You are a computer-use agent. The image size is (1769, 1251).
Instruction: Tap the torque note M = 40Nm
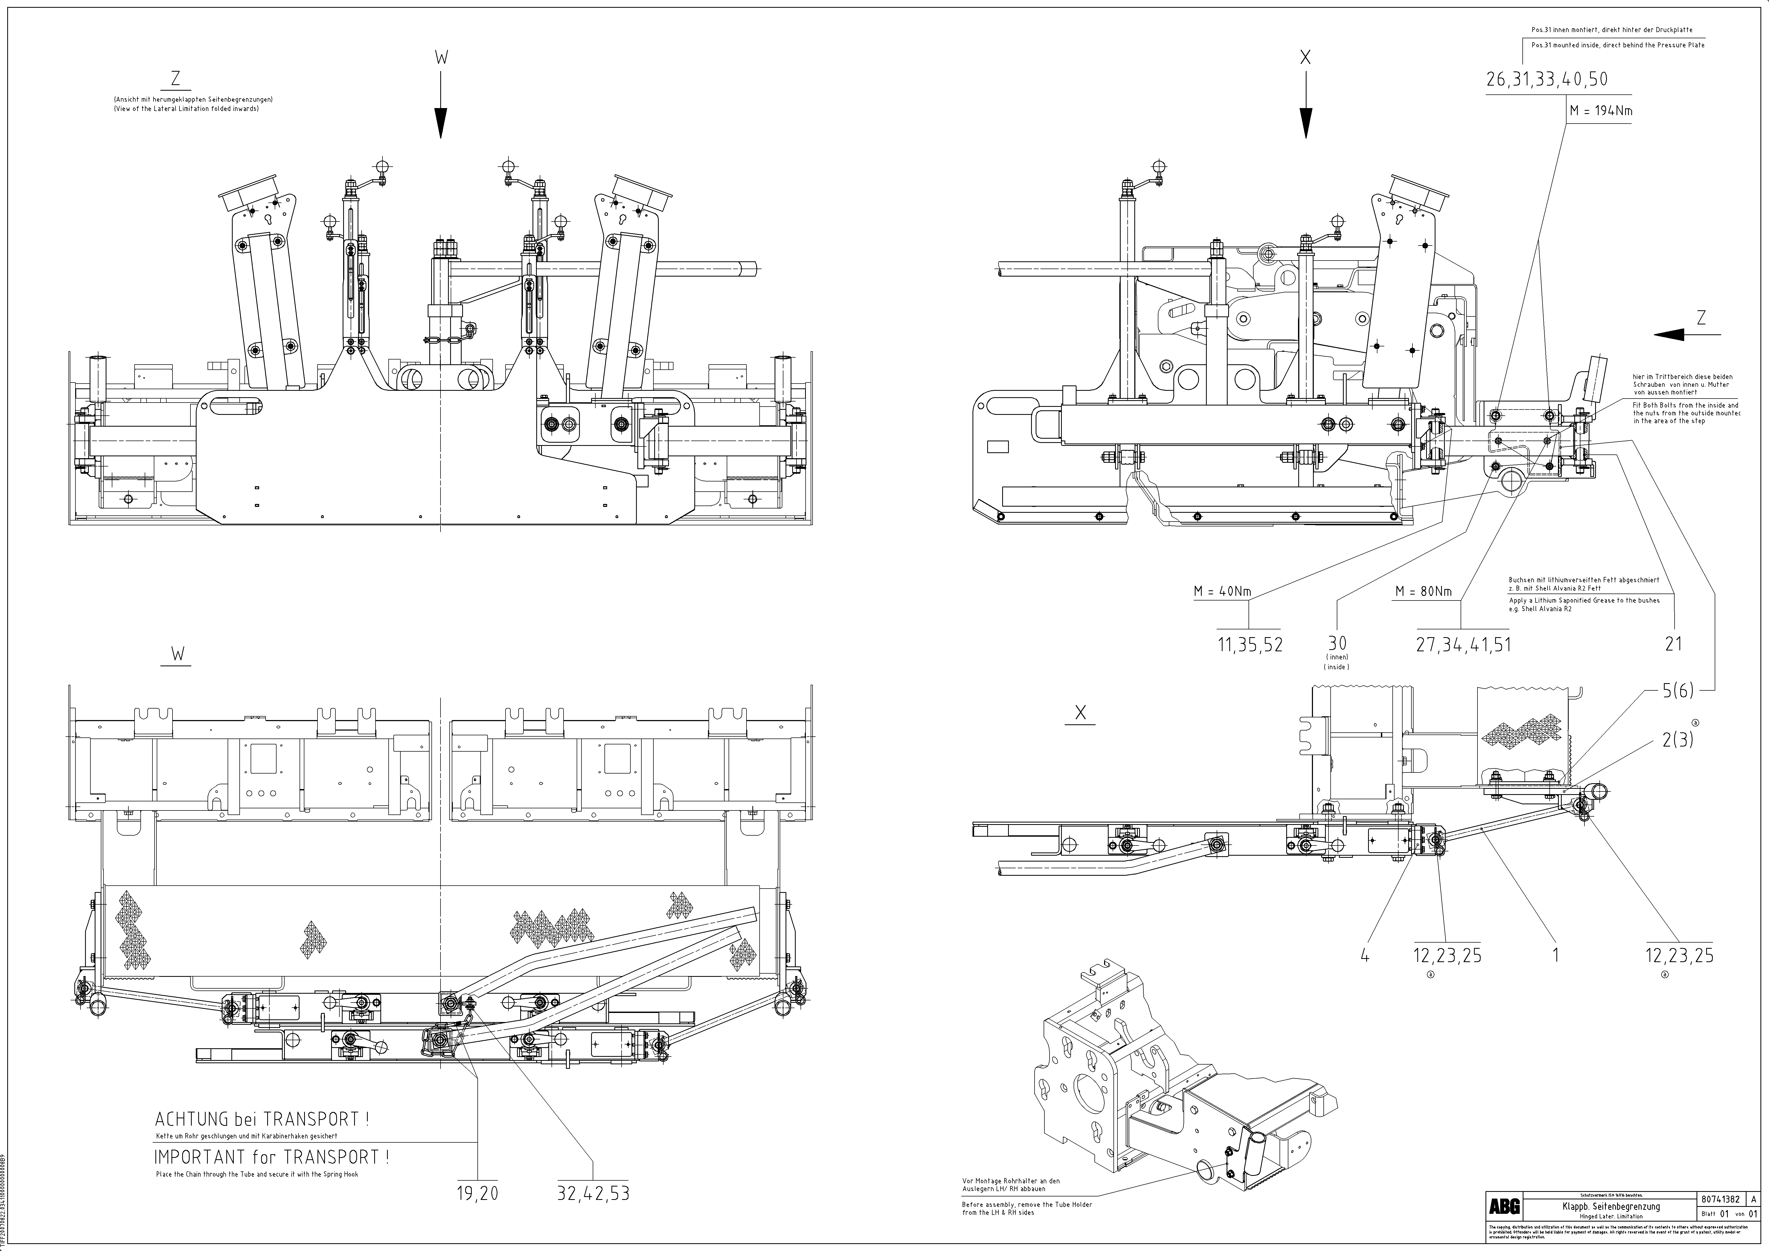1223,592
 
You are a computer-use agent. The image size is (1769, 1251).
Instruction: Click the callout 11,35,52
1250,645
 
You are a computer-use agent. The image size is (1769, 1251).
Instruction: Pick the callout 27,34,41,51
1463,645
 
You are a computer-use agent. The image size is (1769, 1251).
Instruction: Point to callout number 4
1365,956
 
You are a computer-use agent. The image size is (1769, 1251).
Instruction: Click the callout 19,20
478,1194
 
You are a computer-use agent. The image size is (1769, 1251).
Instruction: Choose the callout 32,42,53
593,1194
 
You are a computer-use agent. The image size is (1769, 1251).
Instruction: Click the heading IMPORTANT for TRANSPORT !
271,1157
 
